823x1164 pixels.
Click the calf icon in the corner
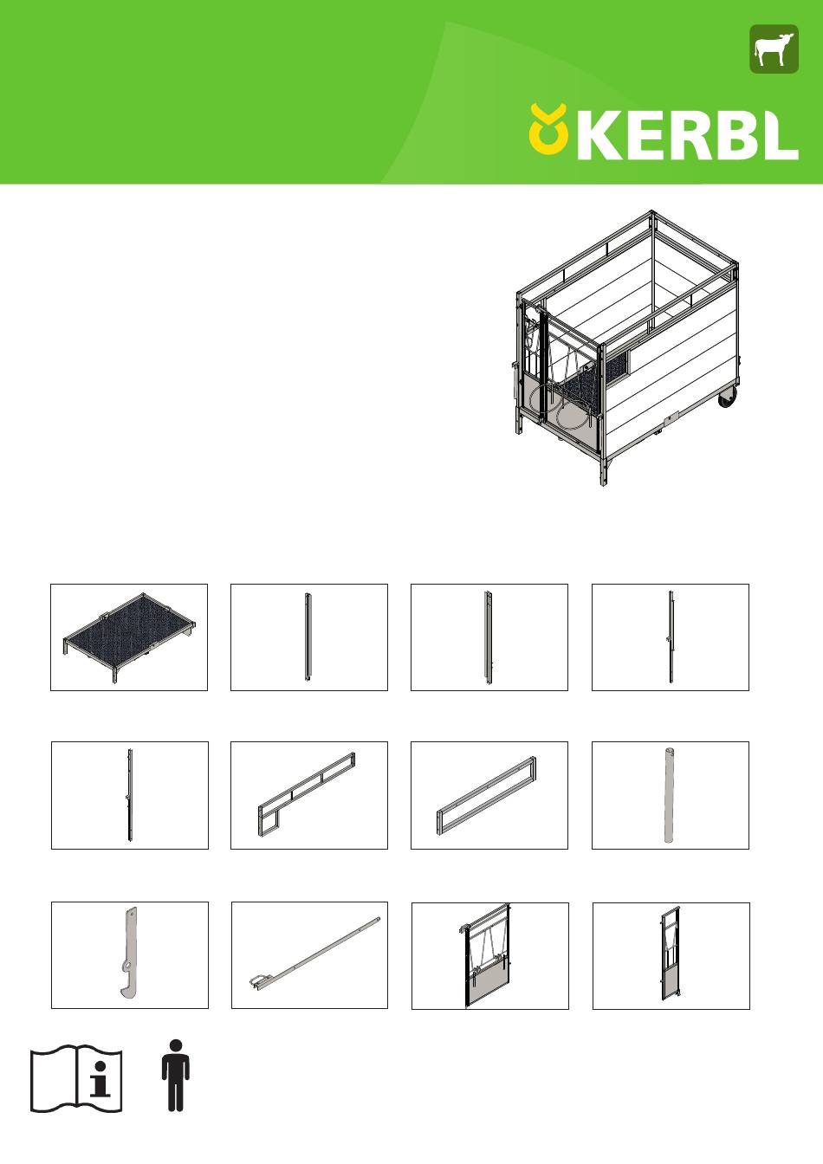click(x=774, y=48)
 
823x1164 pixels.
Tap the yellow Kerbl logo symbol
click(x=548, y=129)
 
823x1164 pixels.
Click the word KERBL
click(x=687, y=134)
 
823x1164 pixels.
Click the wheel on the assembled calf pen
click(x=727, y=398)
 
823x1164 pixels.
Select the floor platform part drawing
click(x=129, y=637)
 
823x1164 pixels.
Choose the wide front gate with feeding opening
click(x=487, y=955)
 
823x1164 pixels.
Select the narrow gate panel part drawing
click(x=671, y=954)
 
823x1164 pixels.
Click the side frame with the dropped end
click(x=307, y=794)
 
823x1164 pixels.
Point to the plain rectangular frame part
click(x=487, y=795)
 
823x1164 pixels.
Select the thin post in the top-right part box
click(x=671, y=637)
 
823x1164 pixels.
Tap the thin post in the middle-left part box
click(x=129, y=795)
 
